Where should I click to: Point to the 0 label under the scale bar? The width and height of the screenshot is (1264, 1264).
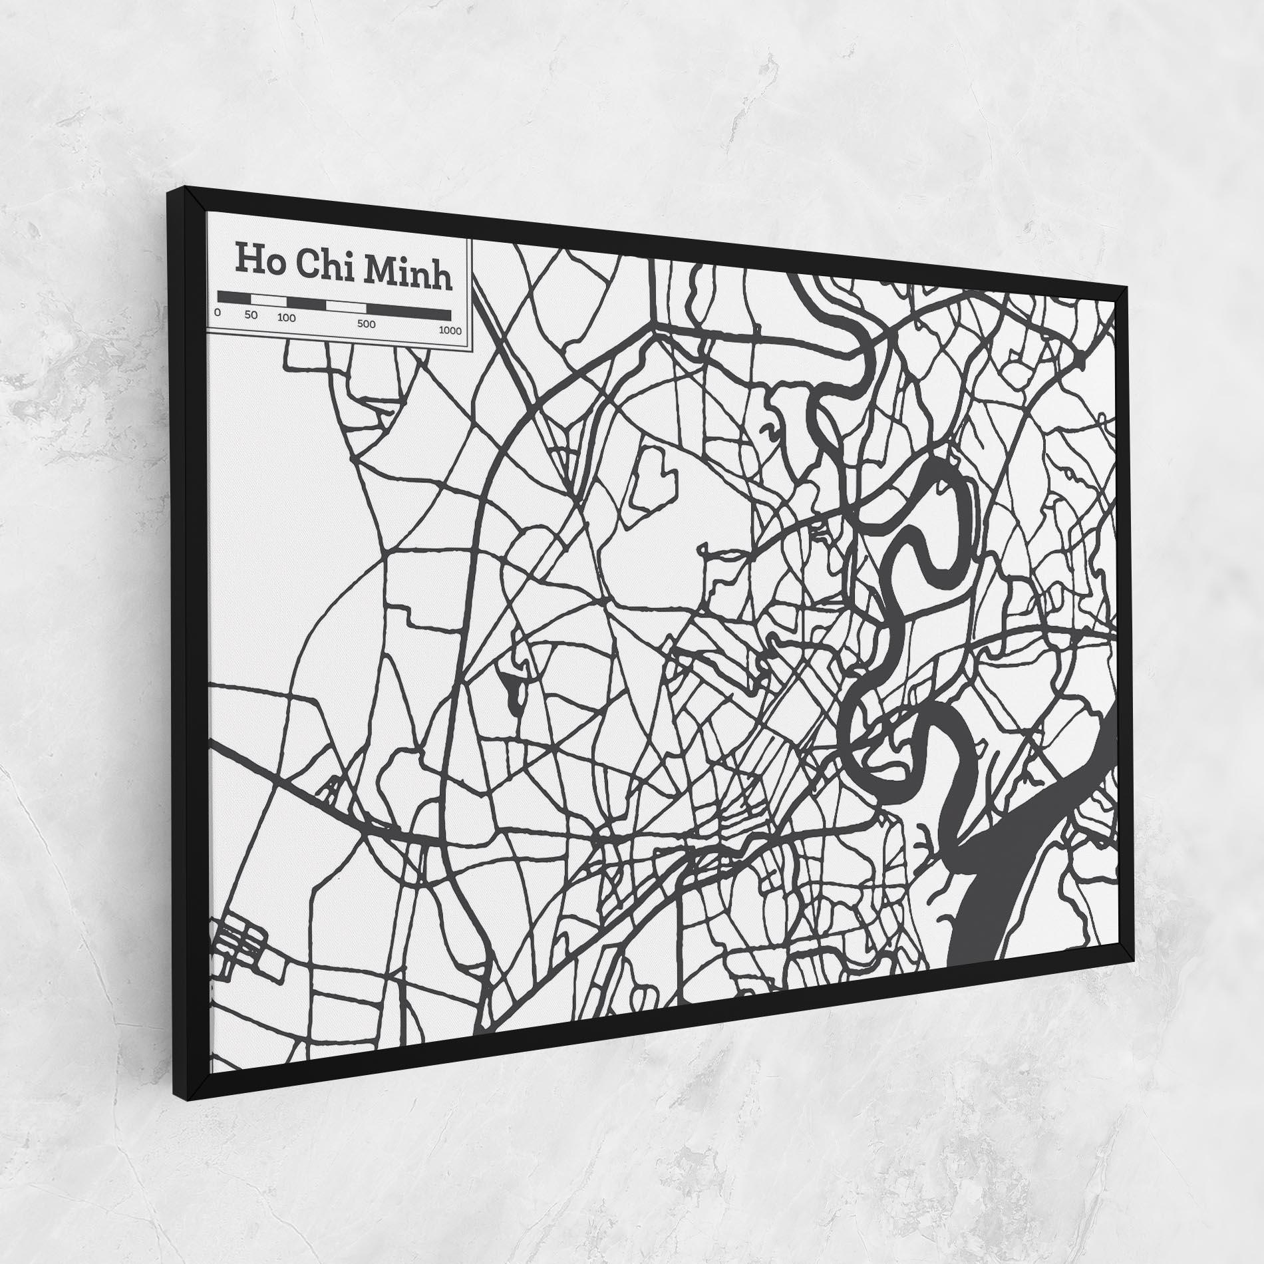(x=218, y=311)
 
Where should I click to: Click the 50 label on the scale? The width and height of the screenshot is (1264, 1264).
(x=251, y=315)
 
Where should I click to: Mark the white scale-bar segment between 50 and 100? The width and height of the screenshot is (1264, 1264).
(x=268, y=299)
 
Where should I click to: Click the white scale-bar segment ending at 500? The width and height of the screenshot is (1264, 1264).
(x=346, y=307)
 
